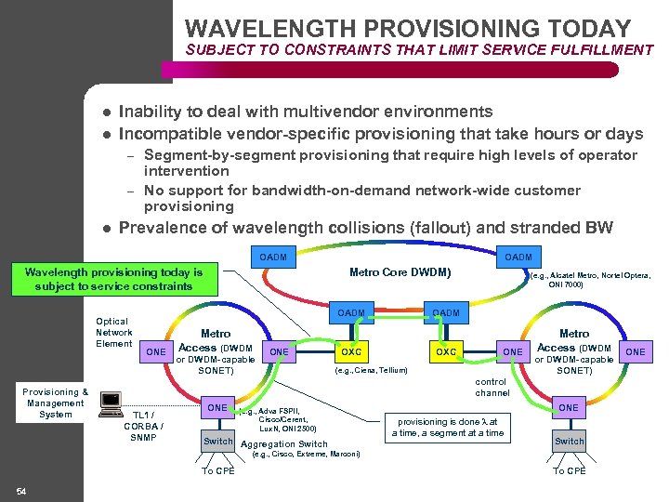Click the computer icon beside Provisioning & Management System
point(110,402)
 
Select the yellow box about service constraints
point(113,279)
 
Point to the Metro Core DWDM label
point(400,272)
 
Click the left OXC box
point(351,352)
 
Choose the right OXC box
point(446,352)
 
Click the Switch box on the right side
point(569,441)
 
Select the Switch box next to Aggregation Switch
point(218,441)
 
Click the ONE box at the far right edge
point(636,352)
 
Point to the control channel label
point(492,388)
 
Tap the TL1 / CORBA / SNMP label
point(143,426)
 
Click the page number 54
point(20,490)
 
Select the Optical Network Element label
point(113,333)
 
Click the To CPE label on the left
point(218,471)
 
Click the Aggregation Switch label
point(283,444)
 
